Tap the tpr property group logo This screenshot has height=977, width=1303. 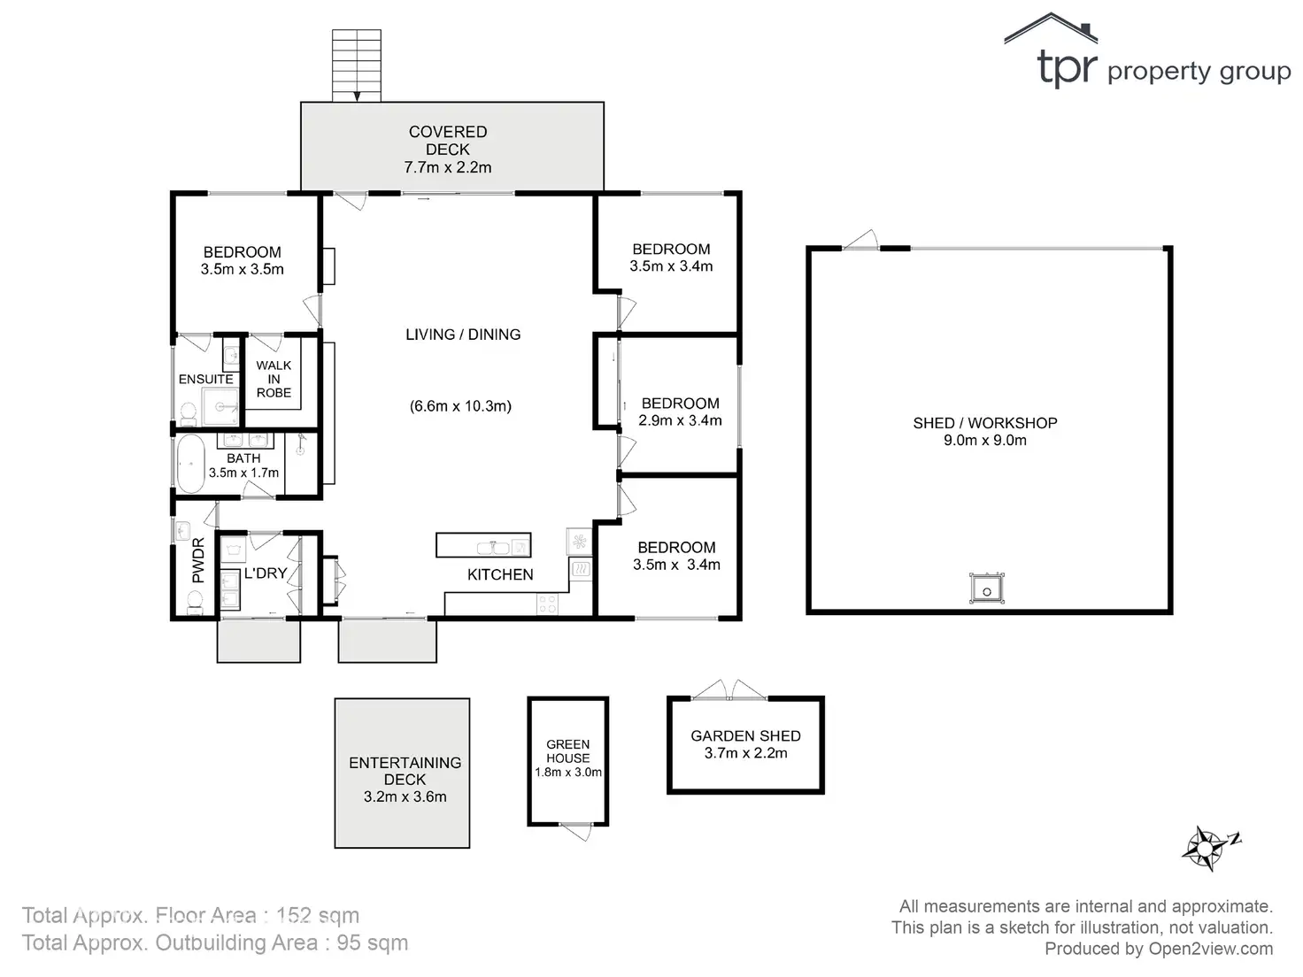pos(1147,55)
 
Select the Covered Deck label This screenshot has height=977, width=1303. pos(448,141)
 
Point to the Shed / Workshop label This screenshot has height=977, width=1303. pos(985,423)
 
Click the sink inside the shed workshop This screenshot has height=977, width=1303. pos(985,589)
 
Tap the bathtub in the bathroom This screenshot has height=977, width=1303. pos(189,464)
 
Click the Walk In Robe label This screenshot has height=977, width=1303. pos(274,379)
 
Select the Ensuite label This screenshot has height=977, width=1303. pos(205,379)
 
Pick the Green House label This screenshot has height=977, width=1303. pos(567,751)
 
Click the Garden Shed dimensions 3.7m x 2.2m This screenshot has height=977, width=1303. pos(745,754)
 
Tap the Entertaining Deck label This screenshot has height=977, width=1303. pos(405,771)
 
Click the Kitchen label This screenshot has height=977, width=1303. pos(500,574)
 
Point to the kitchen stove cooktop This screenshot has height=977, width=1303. pos(548,604)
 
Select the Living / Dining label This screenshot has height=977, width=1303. pos(463,335)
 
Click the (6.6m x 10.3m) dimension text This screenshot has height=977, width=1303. pos(460,406)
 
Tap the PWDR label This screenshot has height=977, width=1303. pos(197,560)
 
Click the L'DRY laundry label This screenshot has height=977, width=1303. pos(266,573)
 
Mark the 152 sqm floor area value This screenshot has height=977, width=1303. pos(317,916)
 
